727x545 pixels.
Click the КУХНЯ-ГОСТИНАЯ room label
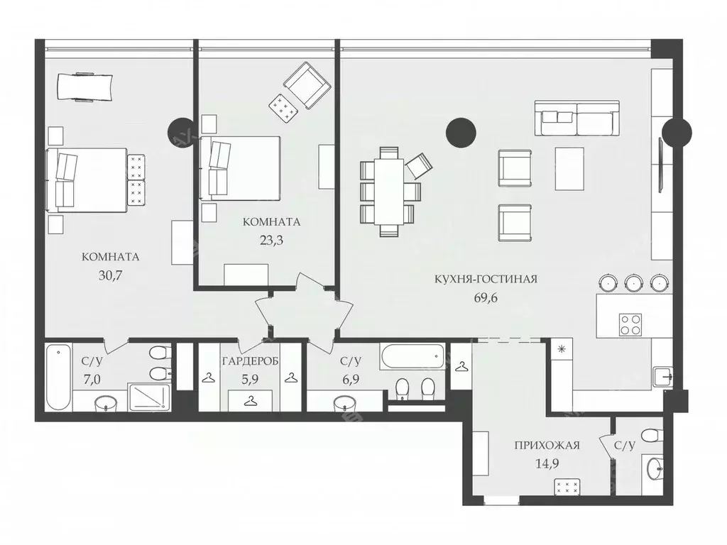click(x=486, y=279)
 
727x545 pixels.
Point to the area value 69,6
click(x=486, y=297)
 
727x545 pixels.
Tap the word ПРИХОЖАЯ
click(x=547, y=446)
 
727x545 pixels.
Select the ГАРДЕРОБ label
click(x=250, y=361)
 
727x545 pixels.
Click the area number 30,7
click(x=111, y=275)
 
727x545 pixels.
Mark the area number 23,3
click(x=271, y=240)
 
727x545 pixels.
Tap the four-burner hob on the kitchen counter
click(x=630, y=324)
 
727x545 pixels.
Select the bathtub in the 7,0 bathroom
click(x=58, y=376)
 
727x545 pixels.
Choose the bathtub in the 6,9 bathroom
click(x=412, y=356)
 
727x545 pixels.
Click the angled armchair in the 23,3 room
click(x=308, y=85)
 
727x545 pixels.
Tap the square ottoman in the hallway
click(x=567, y=487)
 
